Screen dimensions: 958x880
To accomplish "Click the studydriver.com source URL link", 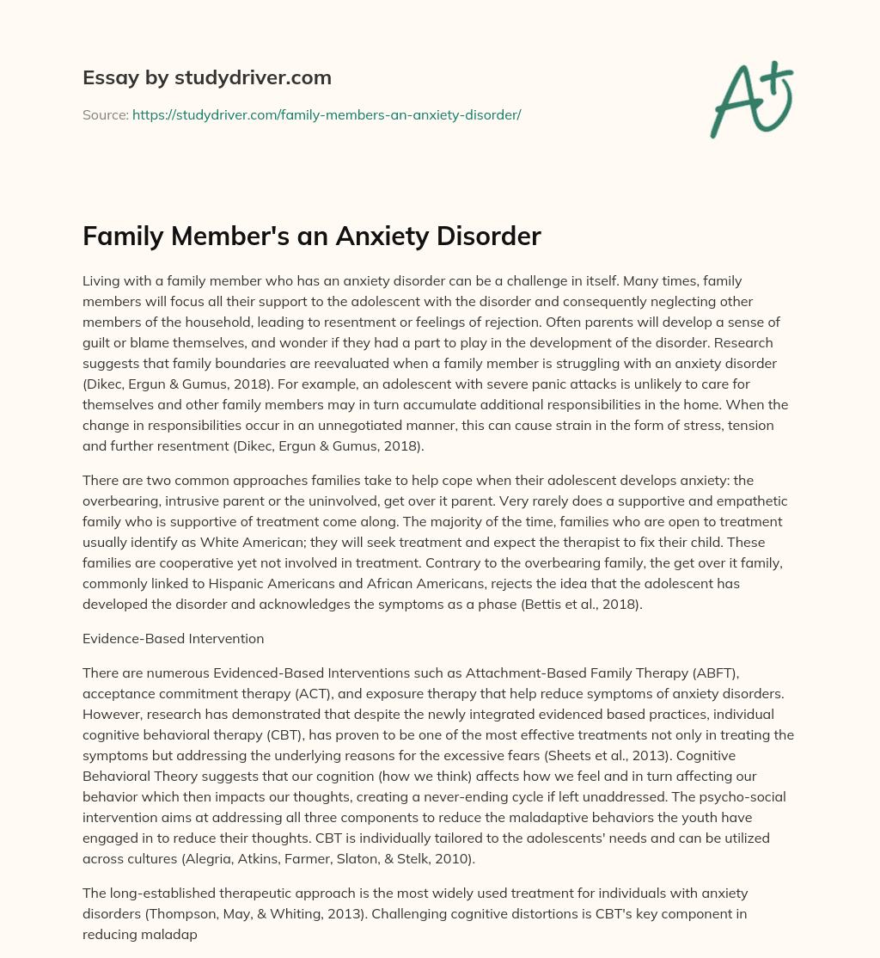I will (327, 114).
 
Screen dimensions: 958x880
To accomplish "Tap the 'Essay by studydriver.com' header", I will (206, 77).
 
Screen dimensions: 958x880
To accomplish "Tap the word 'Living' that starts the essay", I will (101, 280).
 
